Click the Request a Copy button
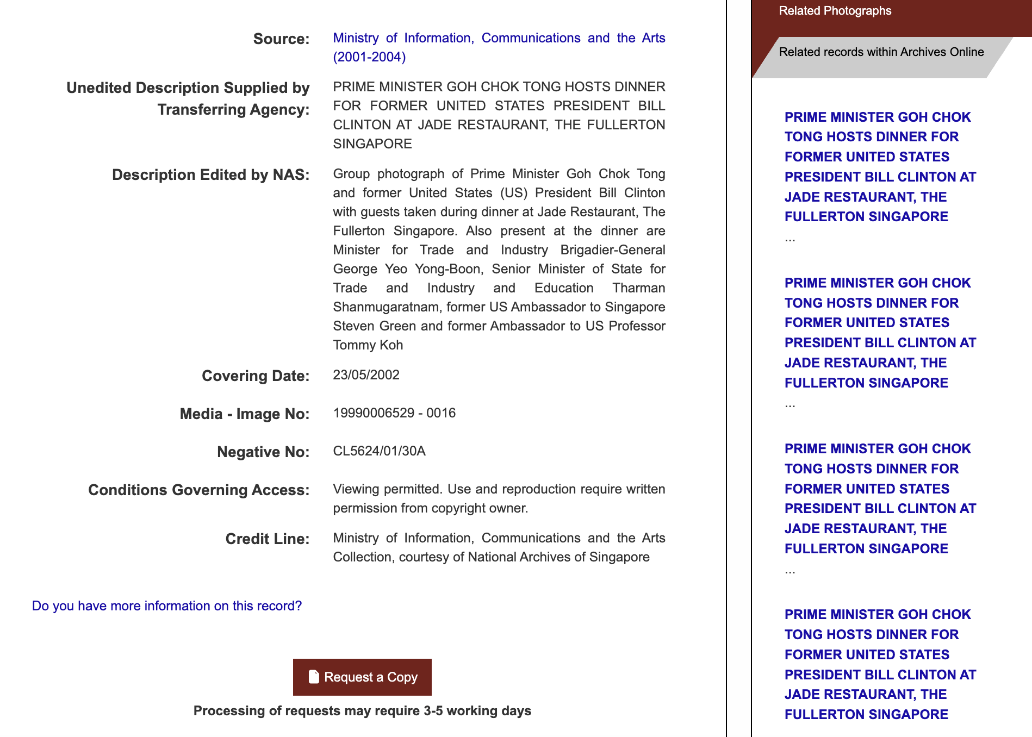click(362, 677)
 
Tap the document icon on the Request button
click(314, 677)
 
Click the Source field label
click(281, 39)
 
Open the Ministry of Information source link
click(499, 47)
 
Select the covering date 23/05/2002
click(366, 375)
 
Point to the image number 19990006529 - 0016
click(394, 413)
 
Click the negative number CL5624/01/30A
click(379, 451)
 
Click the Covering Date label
click(256, 376)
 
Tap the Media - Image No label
click(245, 414)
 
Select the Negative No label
click(263, 452)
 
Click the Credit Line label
click(268, 539)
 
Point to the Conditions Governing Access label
click(199, 490)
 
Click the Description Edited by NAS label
click(211, 175)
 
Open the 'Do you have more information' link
click(167, 606)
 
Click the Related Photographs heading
click(835, 11)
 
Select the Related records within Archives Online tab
click(881, 52)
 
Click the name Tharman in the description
click(638, 288)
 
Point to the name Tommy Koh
click(368, 345)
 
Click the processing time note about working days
click(362, 711)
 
